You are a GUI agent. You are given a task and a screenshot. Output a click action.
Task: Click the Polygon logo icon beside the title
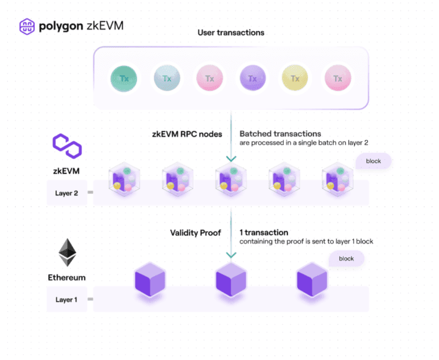pos(26,26)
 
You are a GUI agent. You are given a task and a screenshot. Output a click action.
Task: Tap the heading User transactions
pos(231,32)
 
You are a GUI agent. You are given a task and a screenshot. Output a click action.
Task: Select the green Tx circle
pos(124,79)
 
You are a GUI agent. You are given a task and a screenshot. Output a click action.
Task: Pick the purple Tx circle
pos(252,79)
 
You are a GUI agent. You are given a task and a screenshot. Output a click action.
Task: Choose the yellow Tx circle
pos(295,79)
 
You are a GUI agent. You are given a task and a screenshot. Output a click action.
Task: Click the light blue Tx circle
pos(167,79)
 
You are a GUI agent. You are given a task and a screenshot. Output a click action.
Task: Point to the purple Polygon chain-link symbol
pos(67,147)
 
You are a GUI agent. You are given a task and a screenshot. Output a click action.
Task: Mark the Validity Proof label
pos(195,233)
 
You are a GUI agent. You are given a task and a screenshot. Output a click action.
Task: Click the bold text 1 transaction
pos(264,233)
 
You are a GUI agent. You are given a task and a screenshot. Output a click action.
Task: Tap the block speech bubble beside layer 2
pos(372,161)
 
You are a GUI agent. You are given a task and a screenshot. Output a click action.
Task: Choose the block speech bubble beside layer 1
pos(346,259)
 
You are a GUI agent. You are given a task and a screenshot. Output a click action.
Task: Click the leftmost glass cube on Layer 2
pos(124,180)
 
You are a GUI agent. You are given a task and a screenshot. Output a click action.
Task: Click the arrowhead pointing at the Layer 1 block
pos(231,255)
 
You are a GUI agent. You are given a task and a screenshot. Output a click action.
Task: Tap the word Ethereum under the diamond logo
pos(67,277)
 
